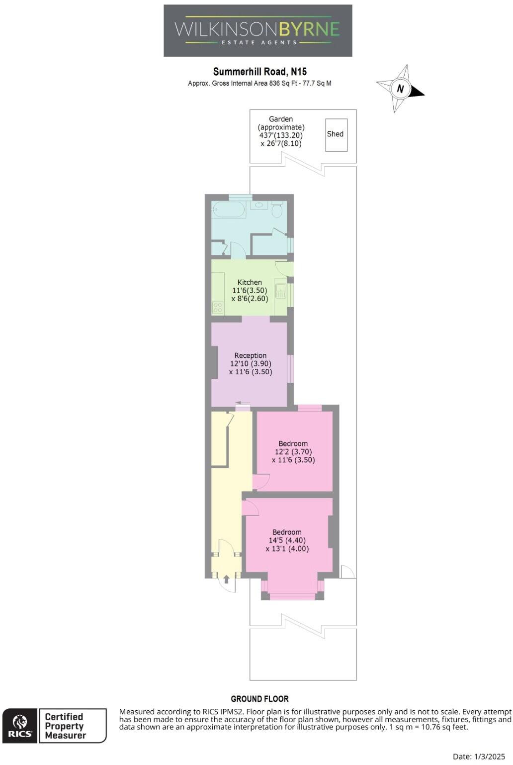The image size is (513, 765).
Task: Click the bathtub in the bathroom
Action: (x=229, y=210)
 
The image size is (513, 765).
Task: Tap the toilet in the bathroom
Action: (x=277, y=210)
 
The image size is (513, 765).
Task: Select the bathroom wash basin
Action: (x=258, y=205)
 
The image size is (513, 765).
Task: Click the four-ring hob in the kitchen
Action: (x=218, y=308)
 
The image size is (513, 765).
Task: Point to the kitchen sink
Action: (x=281, y=291)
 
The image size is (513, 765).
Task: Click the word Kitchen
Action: (x=250, y=282)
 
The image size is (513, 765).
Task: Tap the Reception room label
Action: (x=251, y=355)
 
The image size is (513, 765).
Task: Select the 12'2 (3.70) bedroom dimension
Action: (x=293, y=452)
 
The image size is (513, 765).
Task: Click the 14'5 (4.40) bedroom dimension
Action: (x=287, y=541)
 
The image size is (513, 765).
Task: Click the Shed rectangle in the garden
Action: (x=336, y=134)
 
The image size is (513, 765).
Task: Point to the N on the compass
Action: (x=400, y=89)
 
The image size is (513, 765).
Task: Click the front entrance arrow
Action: (x=226, y=579)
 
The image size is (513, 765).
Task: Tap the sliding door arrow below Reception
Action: (x=243, y=403)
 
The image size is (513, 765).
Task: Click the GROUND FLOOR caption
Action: (x=259, y=699)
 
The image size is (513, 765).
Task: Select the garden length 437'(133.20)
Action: (x=281, y=135)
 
